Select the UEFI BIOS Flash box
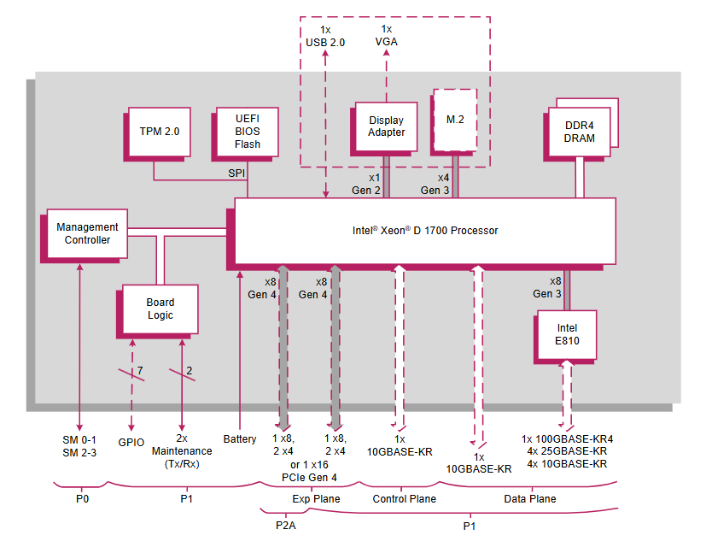tap(248, 132)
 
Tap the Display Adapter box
tap(387, 126)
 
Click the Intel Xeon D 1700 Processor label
tap(424, 231)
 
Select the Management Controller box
tap(87, 233)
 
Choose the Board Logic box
tap(160, 309)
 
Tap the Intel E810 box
tap(567, 334)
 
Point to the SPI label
tap(236, 173)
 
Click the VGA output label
tap(386, 41)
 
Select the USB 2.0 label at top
tap(325, 41)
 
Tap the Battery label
tap(239, 439)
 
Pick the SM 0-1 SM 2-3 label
tap(79, 445)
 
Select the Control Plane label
tap(404, 499)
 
